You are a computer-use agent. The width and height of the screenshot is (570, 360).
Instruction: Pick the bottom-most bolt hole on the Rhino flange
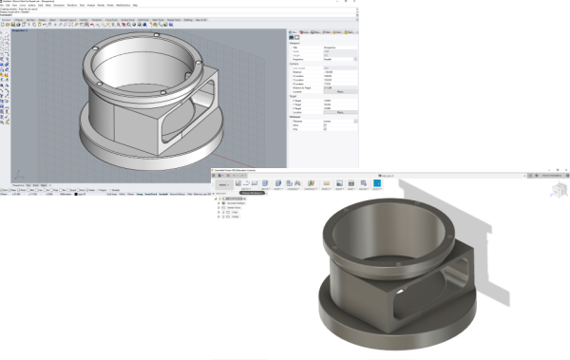[x=162, y=92]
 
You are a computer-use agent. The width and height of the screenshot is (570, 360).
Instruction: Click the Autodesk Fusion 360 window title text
[x=247, y=171]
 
